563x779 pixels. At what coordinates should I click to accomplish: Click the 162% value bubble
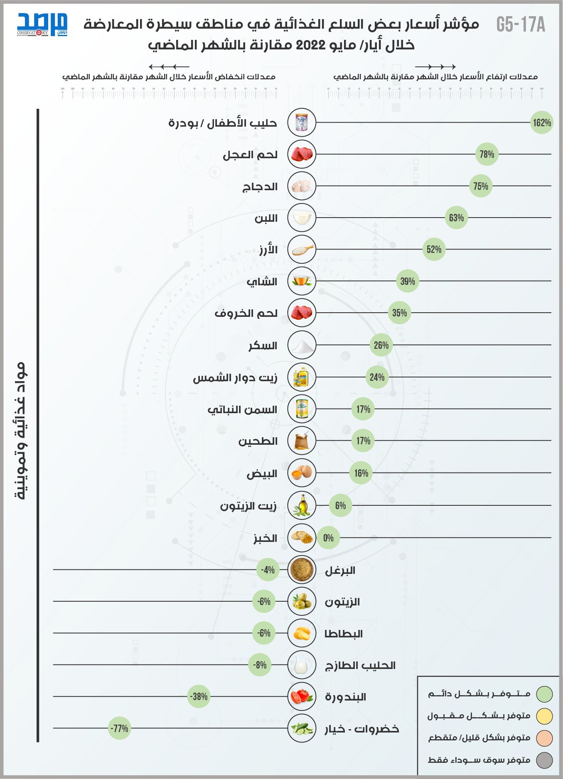(541, 122)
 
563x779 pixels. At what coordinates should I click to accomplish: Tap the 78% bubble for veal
(487, 154)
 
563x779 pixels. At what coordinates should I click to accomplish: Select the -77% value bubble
(119, 728)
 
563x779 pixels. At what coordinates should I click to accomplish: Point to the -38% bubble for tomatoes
(199, 696)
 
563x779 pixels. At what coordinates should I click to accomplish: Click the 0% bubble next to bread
(328, 538)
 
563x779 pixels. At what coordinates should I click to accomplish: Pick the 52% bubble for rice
(434, 249)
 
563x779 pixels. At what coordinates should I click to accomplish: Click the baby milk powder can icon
(302, 122)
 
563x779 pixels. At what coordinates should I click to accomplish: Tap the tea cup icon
(302, 281)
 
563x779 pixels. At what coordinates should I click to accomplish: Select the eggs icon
(302, 473)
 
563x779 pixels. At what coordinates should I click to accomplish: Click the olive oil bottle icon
(302, 505)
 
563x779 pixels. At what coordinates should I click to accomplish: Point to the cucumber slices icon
(302, 728)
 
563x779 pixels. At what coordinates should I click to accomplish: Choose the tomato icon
(302, 696)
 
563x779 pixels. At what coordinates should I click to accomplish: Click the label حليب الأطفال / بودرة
(222, 123)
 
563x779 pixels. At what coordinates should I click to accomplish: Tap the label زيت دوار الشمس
(235, 378)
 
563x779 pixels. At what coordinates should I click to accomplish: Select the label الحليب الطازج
(360, 666)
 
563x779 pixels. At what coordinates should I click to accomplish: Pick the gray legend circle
(544, 760)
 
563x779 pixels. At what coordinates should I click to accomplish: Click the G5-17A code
(521, 25)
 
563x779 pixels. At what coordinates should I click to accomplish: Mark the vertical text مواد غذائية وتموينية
(21, 430)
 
